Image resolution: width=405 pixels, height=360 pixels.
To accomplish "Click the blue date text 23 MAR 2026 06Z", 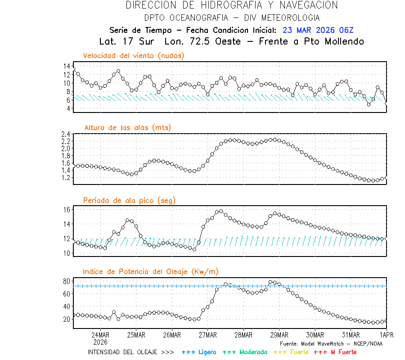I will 318,30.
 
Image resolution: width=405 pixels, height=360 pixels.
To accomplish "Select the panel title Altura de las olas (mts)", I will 127,128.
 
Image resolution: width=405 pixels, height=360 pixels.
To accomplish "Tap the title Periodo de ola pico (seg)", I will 129,200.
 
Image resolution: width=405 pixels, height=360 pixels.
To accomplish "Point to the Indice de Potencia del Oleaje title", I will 150,272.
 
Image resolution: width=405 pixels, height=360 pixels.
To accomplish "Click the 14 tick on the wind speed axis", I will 67,66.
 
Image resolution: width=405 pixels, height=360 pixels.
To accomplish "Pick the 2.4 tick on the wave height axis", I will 65,134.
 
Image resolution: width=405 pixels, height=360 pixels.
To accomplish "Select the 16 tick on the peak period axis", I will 67,210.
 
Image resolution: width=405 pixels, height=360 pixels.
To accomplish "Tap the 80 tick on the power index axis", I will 67,281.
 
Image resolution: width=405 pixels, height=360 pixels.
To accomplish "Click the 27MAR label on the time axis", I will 207,335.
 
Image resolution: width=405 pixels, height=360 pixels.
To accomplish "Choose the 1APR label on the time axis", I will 386,335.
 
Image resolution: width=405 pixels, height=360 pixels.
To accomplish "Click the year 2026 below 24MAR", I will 100,342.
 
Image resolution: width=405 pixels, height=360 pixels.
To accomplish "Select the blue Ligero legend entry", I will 199,352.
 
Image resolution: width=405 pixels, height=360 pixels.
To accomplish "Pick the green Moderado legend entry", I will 245,352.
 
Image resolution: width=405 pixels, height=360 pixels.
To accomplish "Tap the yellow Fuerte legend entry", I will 291,352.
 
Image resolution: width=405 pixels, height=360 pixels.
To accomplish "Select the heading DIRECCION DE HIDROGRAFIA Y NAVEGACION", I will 232,5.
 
